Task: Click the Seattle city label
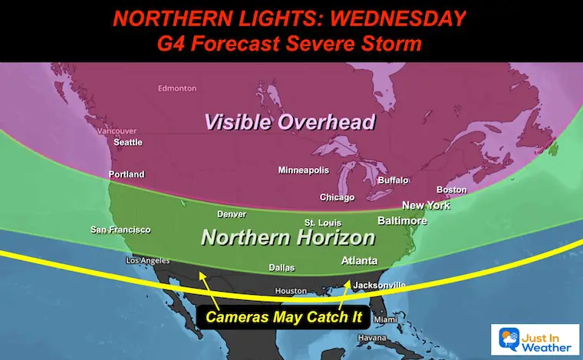coord(127,143)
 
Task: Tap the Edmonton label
coord(176,89)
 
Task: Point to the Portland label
coord(127,174)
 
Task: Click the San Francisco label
coord(120,230)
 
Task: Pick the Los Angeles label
coord(147,262)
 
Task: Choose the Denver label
coord(232,214)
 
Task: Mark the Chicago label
coord(337,197)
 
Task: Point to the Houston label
coord(291,292)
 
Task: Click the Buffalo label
coord(393,180)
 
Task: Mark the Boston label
coord(451,190)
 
